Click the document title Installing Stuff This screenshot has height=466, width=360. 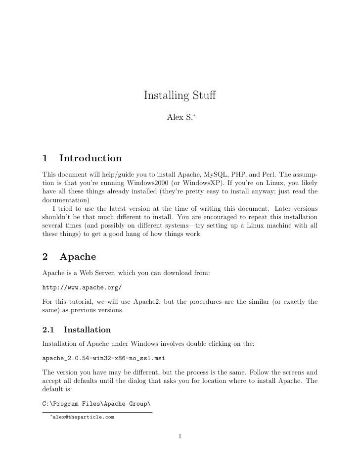pos(180,95)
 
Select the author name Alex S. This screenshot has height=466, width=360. pos(180,119)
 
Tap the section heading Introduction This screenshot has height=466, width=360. pos(90,158)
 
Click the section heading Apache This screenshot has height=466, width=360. pos(78,257)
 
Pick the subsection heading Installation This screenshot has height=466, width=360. pos(87,329)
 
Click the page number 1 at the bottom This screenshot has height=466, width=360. pos(180,436)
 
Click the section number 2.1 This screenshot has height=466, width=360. pos(49,329)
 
